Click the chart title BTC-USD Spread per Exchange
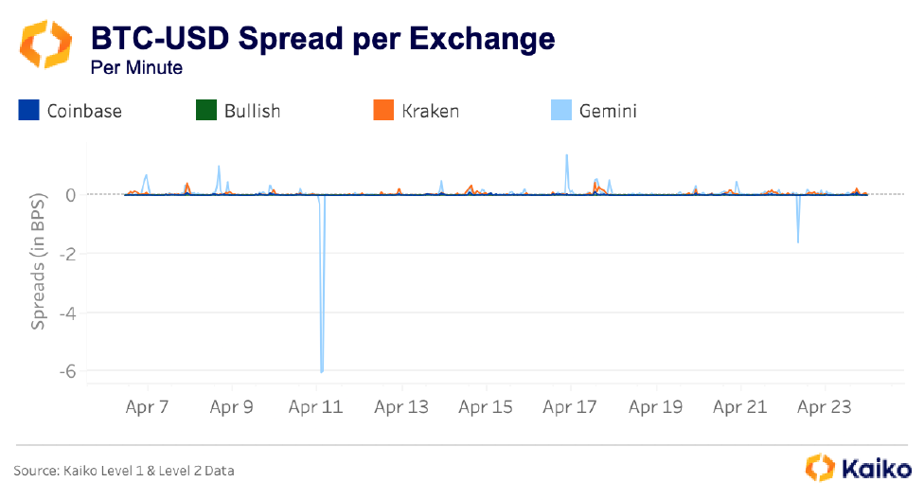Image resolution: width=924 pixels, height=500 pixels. point(322,39)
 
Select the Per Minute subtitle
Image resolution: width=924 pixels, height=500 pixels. point(136,68)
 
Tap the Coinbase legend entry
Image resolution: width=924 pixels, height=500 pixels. point(71,111)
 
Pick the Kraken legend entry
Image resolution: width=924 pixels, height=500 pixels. point(418,111)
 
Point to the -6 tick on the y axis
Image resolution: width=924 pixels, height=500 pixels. point(67,371)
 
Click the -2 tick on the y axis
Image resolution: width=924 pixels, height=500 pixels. point(67,254)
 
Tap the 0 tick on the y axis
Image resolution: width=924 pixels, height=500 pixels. point(70,195)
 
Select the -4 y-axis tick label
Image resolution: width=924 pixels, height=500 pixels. point(67,312)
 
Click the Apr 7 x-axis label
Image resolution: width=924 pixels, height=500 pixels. point(147,408)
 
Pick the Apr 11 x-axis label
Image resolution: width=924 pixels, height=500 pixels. point(316,408)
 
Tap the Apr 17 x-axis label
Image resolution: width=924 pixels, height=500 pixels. point(570,408)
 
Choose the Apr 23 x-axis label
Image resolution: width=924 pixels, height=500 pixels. point(826,408)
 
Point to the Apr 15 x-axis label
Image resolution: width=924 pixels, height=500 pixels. point(486,408)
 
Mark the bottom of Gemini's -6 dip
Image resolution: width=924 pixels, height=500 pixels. point(322,371)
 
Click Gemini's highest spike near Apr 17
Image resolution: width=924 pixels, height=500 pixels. point(566,155)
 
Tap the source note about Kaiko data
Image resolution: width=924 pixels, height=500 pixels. point(124,471)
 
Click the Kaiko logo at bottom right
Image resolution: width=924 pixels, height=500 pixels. point(859,467)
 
